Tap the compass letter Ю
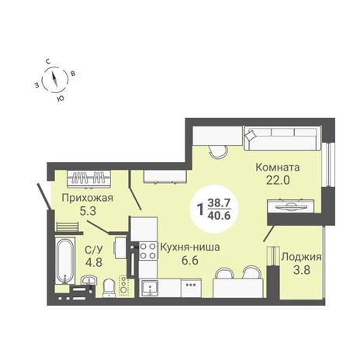[61, 99]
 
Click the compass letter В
[73, 74]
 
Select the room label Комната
[278, 168]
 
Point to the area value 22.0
[278, 180]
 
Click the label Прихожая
[88, 199]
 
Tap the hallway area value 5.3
[88, 211]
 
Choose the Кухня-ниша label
[190, 247]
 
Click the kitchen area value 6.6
[190, 260]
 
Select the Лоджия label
[302, 257]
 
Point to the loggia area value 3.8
[302, 270]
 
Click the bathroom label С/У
[94, 250]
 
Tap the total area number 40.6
[219, 215]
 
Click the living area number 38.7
[219, 203]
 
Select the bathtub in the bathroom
[65, 261]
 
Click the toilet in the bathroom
[109, 288]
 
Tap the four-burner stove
[148, 251]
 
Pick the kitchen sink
[150, 288]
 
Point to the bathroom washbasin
[88, 280]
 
